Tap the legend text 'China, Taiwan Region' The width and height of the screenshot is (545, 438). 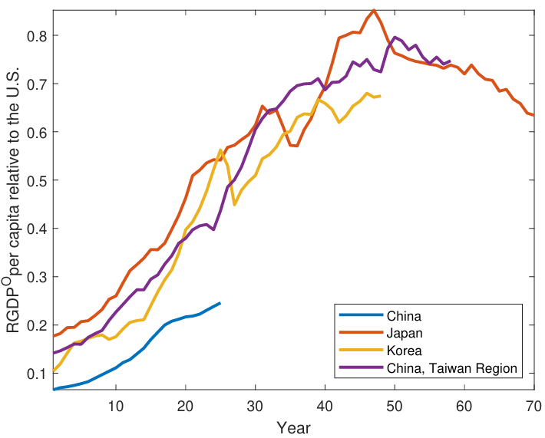(x=452, y=368)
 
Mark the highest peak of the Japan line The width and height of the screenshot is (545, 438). (x=374, y=11)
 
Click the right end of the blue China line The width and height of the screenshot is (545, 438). (x=220, y=303)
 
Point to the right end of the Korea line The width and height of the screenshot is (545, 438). (x=380, y=96)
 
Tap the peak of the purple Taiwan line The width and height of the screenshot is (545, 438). (x=395, y=37)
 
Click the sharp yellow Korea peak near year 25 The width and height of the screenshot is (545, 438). (x=221, y=150)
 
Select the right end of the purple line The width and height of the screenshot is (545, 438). (x=450, y=61)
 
